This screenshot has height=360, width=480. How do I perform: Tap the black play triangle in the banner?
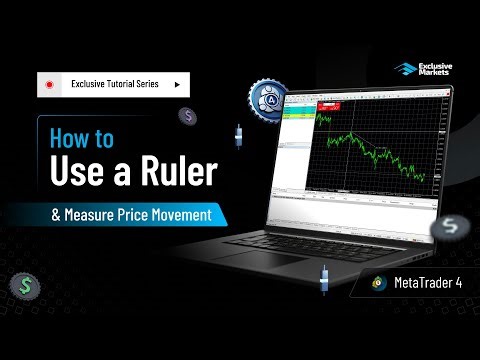pyautogui.click(x=177, y=86)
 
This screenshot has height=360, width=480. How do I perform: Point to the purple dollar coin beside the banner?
pyautogui.click(x=187, y=116)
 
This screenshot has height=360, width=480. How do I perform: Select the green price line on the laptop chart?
pyautogui.click(x=370, y=150)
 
